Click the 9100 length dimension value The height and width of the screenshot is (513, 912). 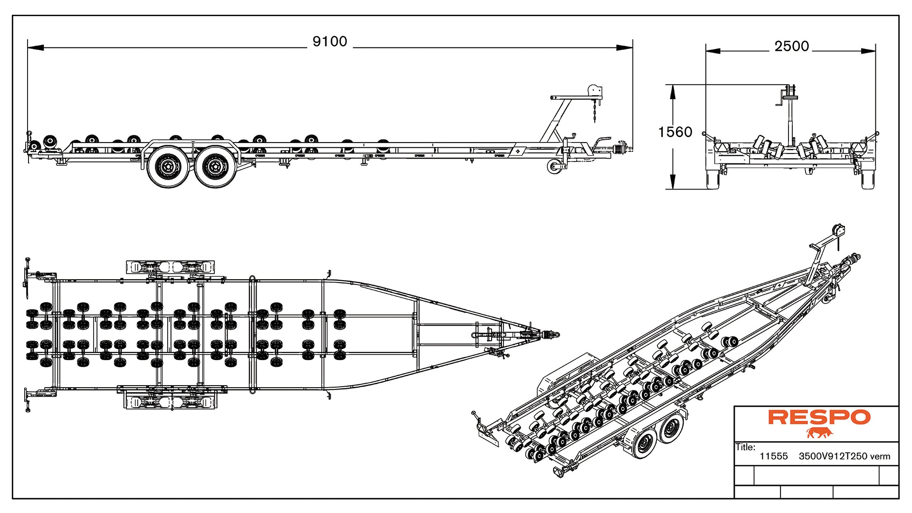pos(330,42)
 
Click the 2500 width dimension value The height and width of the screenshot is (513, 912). pos(791,47)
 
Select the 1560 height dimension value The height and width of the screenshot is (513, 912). pos(675,132)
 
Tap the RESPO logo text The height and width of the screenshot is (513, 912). pos(819,418)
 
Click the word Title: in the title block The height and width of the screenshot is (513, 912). pos(745,447)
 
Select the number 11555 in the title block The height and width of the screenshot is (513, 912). pos(773,456)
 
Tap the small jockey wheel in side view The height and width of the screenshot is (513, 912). pos(553,167)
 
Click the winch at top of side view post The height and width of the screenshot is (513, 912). pos(594,92)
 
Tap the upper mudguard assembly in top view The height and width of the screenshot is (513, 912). pos(170,267)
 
